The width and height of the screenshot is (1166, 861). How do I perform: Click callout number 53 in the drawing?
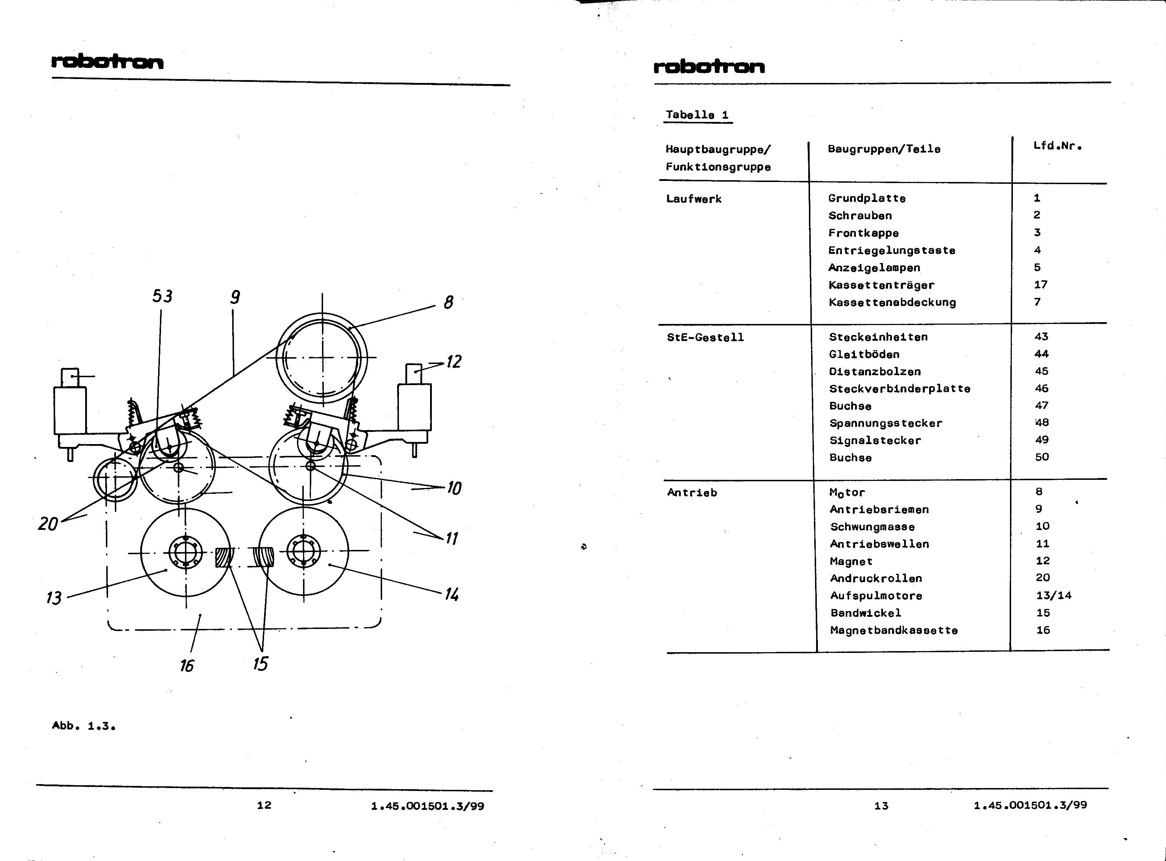point(162,296)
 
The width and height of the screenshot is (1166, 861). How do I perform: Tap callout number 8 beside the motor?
point(448,302)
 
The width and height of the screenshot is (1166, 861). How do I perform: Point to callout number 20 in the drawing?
point(48,523)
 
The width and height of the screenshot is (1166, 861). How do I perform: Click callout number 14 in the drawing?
point(452,594)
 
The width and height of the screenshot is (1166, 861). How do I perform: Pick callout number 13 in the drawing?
point(54,597)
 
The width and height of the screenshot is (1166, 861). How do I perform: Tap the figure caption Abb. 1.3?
point(83,725)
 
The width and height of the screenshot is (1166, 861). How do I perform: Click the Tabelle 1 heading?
point(697,115)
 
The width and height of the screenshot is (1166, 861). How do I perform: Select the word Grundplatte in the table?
point(867,198)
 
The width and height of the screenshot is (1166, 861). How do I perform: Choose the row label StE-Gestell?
point(705,337)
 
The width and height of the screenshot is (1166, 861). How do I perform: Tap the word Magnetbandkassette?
point(894,630)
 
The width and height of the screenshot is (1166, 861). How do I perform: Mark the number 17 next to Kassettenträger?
point(1041,285)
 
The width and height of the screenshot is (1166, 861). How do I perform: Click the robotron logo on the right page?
point(709,66)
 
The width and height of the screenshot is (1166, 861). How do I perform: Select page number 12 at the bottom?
point(264,805)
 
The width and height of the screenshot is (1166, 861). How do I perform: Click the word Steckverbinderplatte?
point(899,389)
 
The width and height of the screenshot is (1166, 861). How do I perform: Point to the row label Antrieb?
point(692,492)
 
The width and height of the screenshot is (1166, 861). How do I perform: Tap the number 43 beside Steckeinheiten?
point(1041,337)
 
